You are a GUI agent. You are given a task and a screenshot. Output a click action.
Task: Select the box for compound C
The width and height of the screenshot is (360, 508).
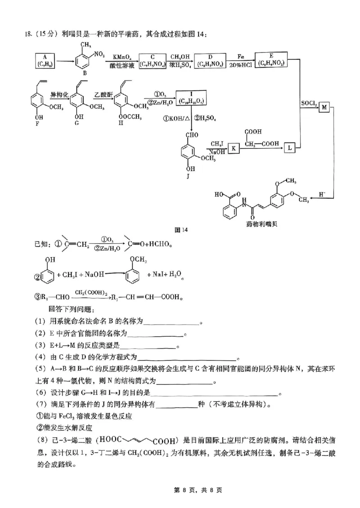(x=152, y=60)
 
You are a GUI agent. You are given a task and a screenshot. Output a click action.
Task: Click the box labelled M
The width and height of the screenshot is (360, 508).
(x=325, y=107)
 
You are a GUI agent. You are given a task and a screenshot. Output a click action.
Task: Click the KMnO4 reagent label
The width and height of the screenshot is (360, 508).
(x=122, y=57)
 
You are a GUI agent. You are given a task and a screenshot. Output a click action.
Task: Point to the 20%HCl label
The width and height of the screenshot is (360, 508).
(x=242, y=65)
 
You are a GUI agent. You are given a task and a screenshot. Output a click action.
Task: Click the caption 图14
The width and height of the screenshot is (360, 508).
(x=181, y=229)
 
